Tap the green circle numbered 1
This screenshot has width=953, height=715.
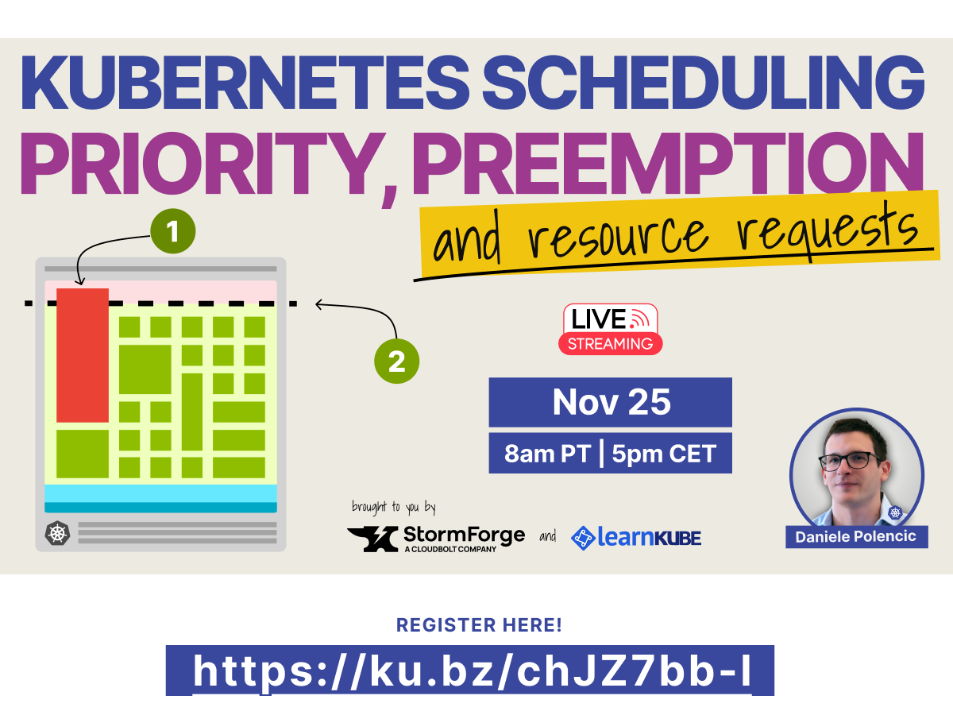[173, 232]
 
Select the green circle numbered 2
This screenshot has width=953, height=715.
[396, 362]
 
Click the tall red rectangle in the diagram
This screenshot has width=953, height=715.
[83, 355]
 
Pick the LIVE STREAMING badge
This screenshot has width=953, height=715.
[611, 329]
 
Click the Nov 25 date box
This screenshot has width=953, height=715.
[610, 402]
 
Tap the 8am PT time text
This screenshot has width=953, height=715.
[547, 454]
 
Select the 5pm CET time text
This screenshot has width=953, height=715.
[664, 454]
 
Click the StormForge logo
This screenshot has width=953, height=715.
[437, 538]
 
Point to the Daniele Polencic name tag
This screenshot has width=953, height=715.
[856, 536]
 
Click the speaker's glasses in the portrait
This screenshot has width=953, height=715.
[850, 461]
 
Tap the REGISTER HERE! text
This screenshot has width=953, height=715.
[479, 625]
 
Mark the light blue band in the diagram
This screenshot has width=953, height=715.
[160, 493]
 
